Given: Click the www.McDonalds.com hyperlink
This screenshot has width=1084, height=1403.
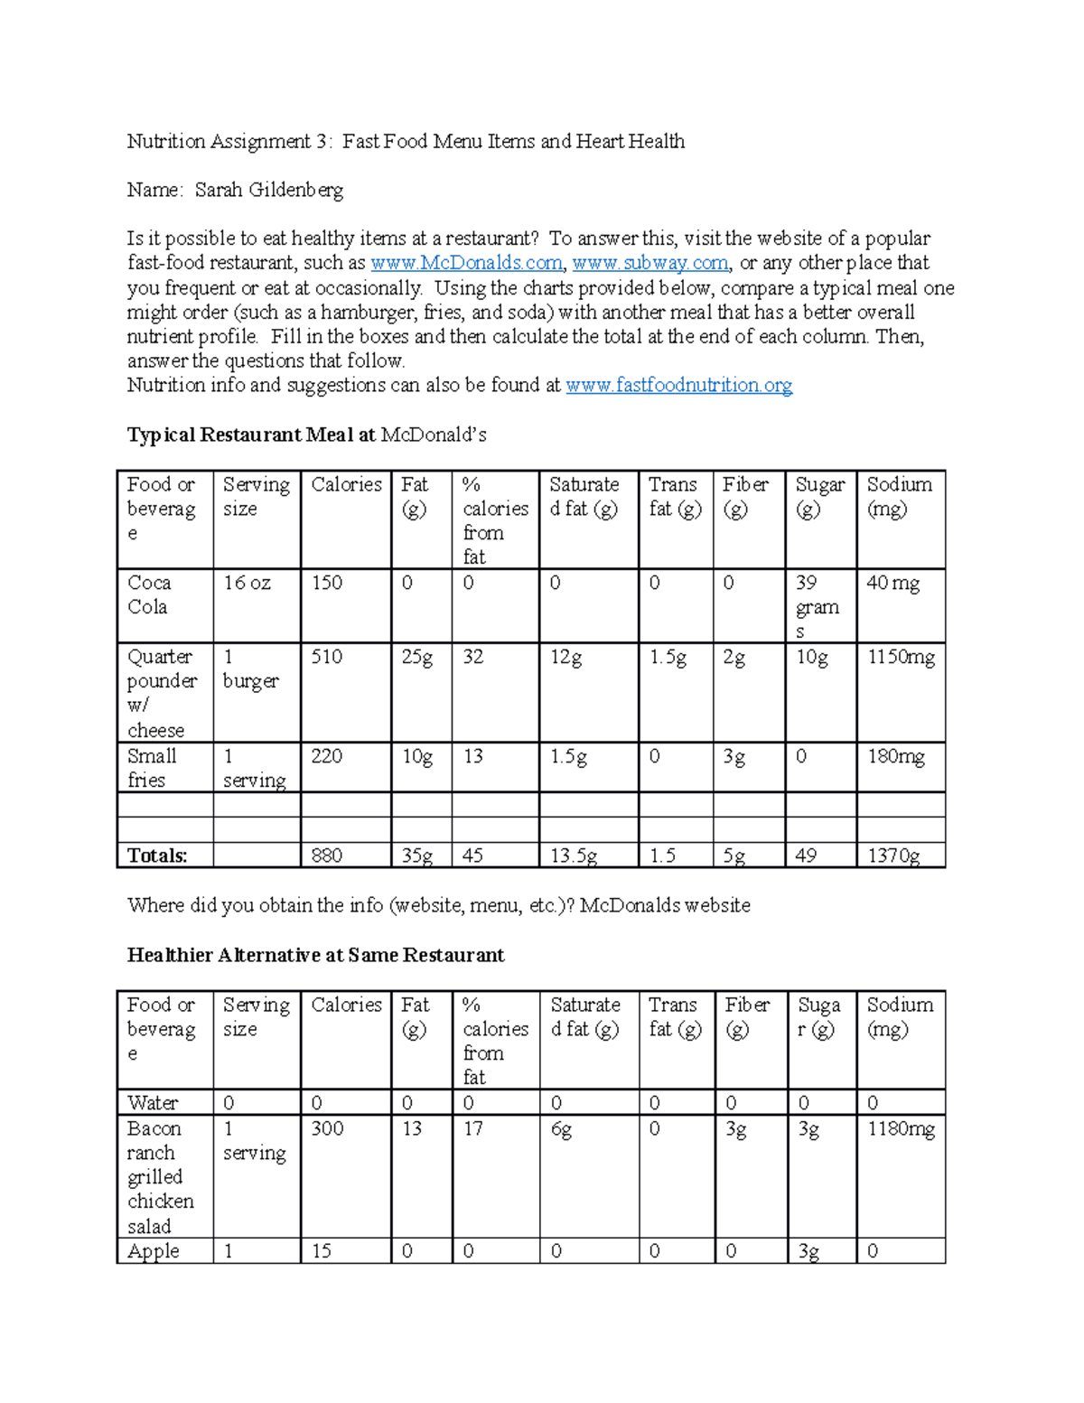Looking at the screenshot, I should (467, 263).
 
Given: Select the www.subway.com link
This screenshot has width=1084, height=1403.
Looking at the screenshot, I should (650, 263).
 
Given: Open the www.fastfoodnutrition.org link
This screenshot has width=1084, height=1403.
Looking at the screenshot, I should (678, 385).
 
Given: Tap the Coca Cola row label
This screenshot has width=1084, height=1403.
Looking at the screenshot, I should (149, 594).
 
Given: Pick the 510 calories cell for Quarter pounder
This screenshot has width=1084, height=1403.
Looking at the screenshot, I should (327, 657).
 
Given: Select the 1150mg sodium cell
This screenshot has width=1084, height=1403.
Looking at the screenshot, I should (901, 657).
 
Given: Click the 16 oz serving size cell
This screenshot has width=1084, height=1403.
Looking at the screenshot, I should (247, 583).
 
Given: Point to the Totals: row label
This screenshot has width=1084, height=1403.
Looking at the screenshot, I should (157, 856).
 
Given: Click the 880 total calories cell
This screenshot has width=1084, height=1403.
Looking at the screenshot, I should (327, 856).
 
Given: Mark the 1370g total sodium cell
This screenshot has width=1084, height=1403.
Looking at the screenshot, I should (893, 856).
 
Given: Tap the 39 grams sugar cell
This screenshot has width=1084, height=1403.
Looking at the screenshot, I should (817, 606).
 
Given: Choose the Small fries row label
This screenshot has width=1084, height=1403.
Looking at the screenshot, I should (152, 768).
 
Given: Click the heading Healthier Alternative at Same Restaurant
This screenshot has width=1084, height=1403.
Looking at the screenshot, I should (315, 955).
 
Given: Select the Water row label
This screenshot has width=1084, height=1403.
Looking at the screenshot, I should (153, 1102).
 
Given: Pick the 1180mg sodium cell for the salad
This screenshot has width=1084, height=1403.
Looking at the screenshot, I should (901, 1128).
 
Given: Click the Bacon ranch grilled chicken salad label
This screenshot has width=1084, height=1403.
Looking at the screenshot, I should (160, 1176).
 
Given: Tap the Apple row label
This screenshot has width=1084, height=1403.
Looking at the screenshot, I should (154, 1251).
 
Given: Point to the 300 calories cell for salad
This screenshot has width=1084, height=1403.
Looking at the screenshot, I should (327, 1128).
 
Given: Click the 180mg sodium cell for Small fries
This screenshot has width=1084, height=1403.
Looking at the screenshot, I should (895, 756).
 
